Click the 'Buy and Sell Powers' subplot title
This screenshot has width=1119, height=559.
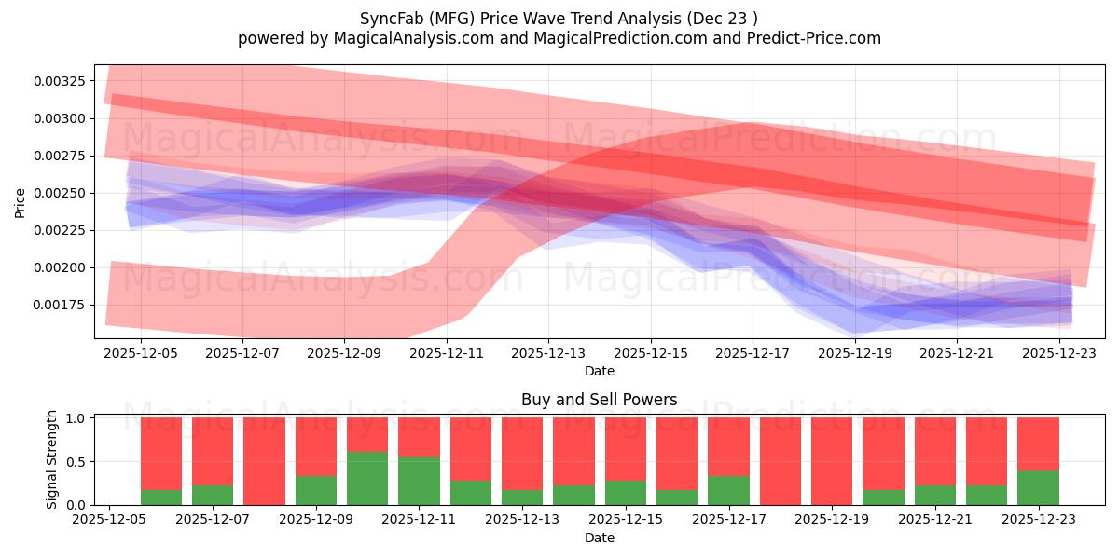point(599,400)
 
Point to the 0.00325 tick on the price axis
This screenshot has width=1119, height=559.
point(60,81)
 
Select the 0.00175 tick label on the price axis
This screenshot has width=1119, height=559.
point(60,305)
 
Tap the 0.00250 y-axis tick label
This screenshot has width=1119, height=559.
point(60,193)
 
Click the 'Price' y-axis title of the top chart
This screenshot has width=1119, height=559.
point(21,202)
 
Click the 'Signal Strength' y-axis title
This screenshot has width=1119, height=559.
point(52,459)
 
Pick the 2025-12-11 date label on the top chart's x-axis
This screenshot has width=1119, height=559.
point(446,353)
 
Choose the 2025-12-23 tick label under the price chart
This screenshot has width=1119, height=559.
point(1060,353)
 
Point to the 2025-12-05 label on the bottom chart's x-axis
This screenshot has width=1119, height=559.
point(110,520)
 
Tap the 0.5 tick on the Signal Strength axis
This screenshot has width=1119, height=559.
point(76,461)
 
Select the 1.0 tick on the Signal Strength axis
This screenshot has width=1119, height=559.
point(76,418)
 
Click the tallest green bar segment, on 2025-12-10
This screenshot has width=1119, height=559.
point(367,478)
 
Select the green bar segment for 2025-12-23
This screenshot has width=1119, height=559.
point(1038,487)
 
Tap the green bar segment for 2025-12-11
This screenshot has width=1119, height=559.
point(419,481)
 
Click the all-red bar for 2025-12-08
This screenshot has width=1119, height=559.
point(264,461)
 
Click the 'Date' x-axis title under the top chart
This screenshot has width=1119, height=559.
point(599,371)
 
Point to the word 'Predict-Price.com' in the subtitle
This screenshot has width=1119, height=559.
point(818,38)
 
